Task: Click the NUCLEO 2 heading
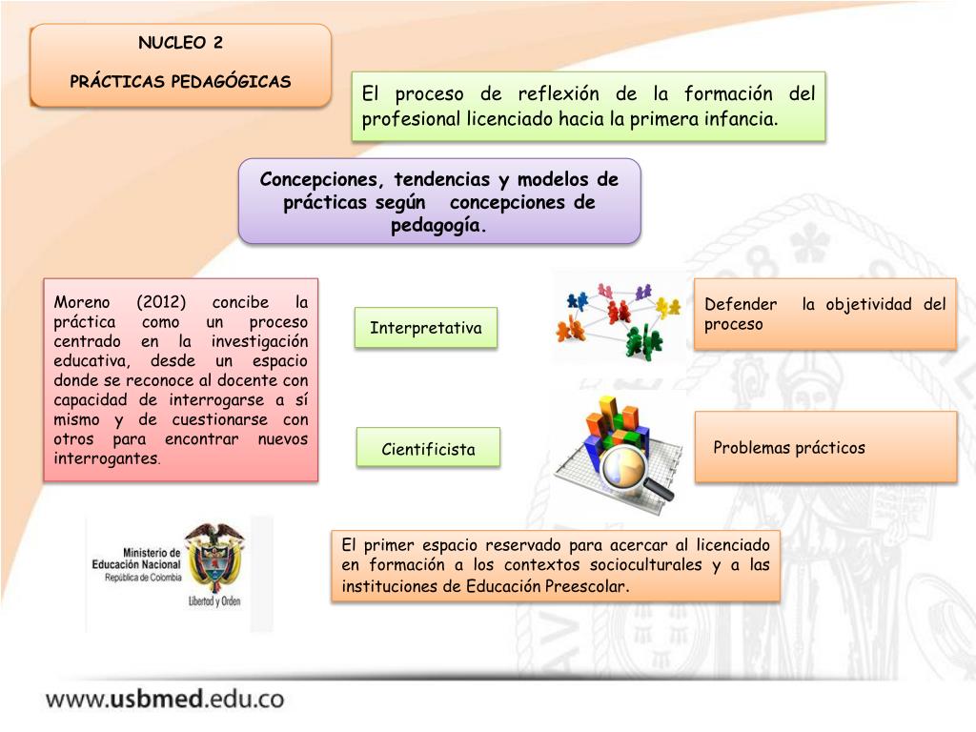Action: [180, 43]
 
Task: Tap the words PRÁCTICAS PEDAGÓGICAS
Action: [180, 81]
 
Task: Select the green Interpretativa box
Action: [426, 328]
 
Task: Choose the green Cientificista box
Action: [428, 449]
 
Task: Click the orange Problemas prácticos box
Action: [825, 447]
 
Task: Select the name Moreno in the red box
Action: [83, 302]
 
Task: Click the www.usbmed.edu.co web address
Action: [165, 699]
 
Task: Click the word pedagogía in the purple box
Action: [438, 226]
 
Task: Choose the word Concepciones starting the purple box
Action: [318, 180]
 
